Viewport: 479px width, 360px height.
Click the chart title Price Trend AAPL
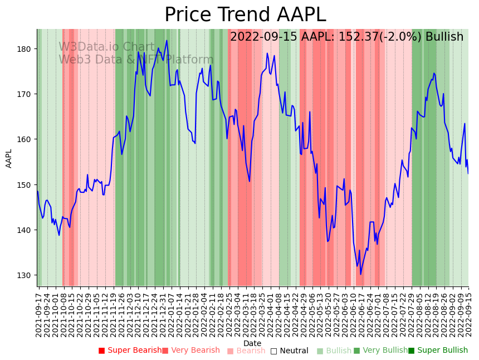[x=245, y=15]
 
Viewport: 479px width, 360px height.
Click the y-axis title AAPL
[x=9, y=158]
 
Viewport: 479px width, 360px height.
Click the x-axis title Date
[x=252, y=343]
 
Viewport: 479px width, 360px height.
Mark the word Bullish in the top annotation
[x=444, y=37]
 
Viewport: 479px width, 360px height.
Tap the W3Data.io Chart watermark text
[x=106, y=47]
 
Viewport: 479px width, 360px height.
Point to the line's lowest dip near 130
[x=360, y=274]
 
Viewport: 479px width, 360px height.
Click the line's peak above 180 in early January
[x=167, y=41]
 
